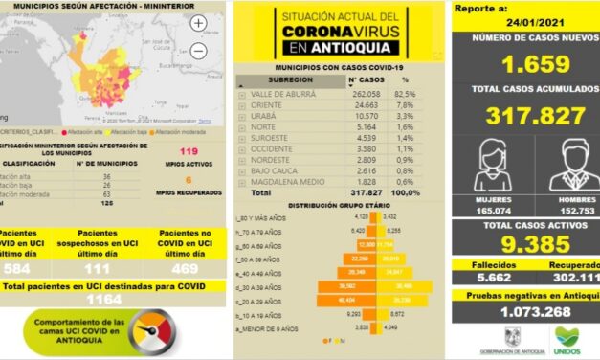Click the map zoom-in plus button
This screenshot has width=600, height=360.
[x=198, y=23]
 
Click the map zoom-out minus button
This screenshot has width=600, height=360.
[x=198, y=51]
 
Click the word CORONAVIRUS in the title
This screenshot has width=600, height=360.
[x=337, y=32]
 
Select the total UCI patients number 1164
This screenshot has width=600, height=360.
[x=113, y=300]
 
